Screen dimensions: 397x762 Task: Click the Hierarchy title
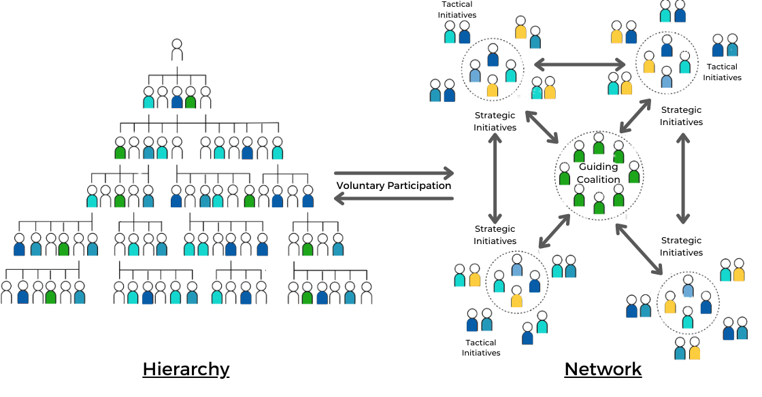(x=186, y=369)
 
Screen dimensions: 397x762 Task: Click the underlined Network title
(x=603, y=369)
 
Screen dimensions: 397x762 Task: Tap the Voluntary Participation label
(x=394, y=186)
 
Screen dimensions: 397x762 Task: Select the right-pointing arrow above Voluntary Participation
(x=394, y=173)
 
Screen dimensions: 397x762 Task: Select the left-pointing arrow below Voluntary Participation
(x=394, y=198)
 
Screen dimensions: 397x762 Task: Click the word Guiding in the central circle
(x=598, y=167)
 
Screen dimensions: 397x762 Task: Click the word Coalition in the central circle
(x=599, y=179)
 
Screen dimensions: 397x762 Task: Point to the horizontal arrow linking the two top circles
(x=579, y=65)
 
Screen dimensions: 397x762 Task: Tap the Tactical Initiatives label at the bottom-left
(x=481, y=348)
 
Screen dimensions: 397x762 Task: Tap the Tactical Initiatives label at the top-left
(x=457, y=10)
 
